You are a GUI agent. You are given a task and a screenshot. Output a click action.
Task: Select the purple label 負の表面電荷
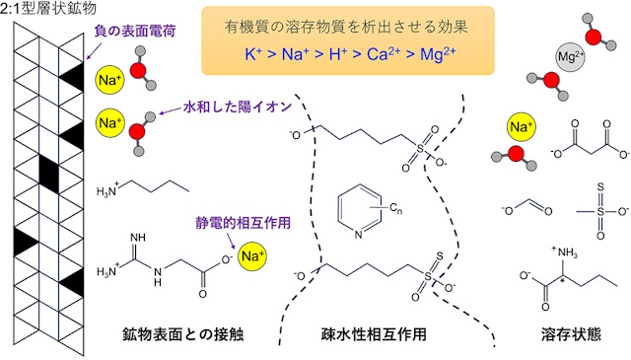click(133, 32)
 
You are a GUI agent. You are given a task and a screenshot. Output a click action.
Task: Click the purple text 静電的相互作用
click(234, 223)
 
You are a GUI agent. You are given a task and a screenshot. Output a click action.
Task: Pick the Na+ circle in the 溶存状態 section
click(521, 128)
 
